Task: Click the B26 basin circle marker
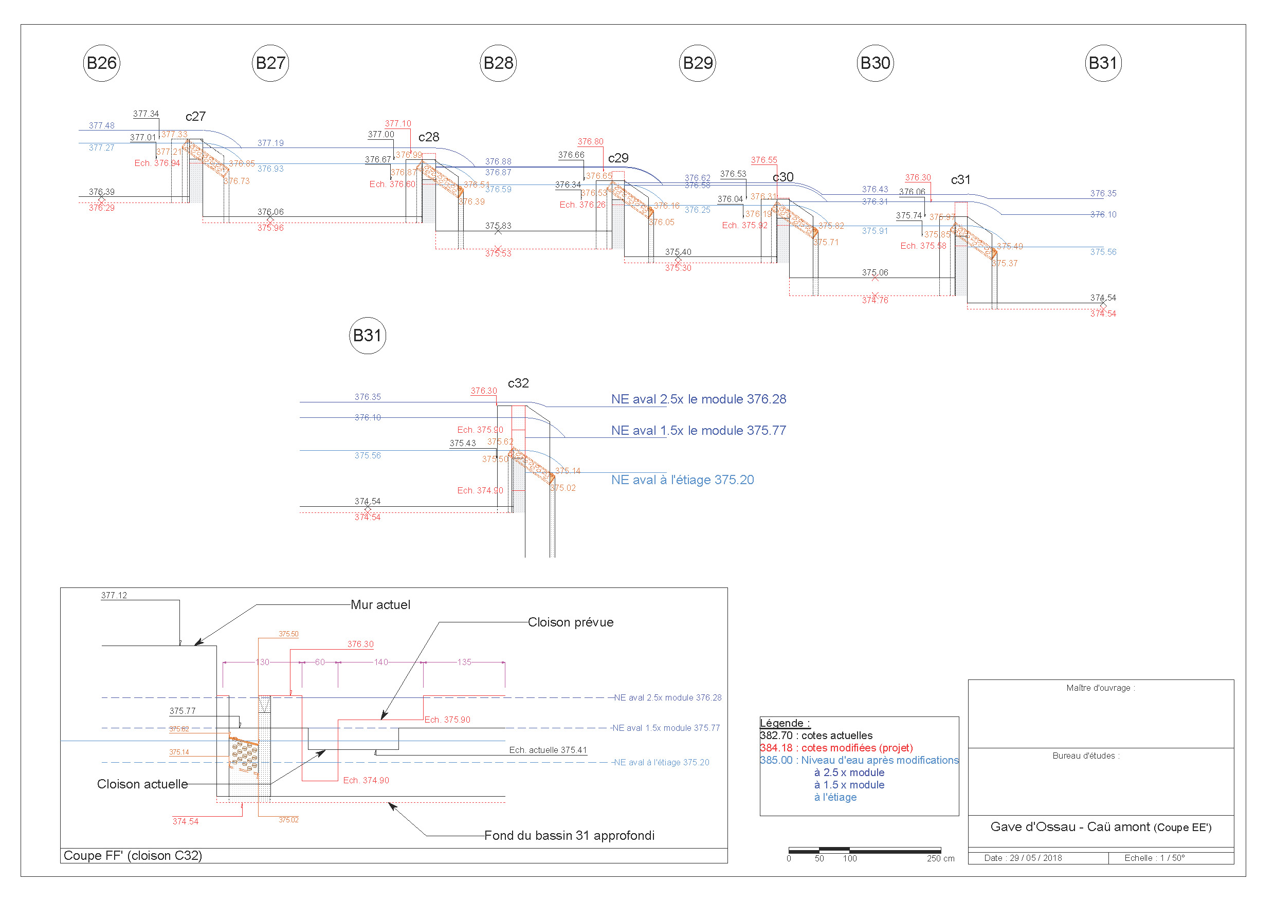point(101,63)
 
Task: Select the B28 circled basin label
point(498,63)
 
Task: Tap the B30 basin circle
point(875,63)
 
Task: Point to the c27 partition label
point(195,117)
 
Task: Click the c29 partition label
point(618,158)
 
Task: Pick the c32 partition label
point(518,383)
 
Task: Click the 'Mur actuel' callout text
point(380,605)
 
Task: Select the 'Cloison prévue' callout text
point(570,622)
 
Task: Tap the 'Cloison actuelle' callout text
point(142,784)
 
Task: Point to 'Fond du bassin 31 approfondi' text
point(569,835)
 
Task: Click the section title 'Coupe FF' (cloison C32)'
point(133,855)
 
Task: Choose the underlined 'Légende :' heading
point(785,723)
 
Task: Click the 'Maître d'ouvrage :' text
point(1100,688)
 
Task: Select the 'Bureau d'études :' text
point(1086,756)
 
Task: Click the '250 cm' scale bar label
point(940,859)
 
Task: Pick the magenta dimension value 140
point(380,662)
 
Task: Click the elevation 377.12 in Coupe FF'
point(114,595)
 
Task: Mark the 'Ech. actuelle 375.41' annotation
point(548,750)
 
